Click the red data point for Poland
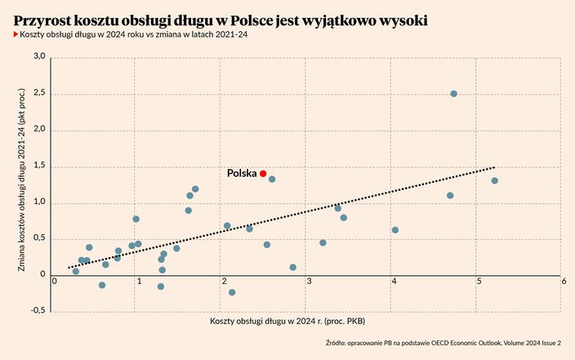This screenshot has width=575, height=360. pyautogui.click(x=263, y=174)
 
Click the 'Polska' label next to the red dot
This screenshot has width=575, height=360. pyautogui.click(x=242, y=174)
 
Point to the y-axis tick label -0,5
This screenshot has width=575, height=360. pyautogui.click(x=38, y=311)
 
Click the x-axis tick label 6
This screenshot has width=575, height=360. pyautogui.click(x=564, y=281)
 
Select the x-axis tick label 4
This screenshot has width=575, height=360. pyautogui.click(x=394, y=281)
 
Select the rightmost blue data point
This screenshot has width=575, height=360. pyautogui.click(x=495, y=180)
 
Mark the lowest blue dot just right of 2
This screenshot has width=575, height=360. pyautogui.click(x=232, y=292)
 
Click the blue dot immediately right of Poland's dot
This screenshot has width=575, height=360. pyautogui.click(x=272, y=179)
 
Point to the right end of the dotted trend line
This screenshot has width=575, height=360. pyautogui.click(x=494, y=167)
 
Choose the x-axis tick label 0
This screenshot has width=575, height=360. pyautogui.click(x=55, y=281)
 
